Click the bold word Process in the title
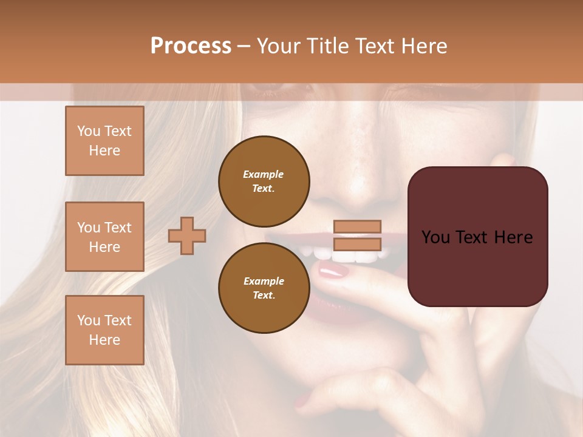click(191, 46)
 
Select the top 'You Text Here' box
click(104, 141)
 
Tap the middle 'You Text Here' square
click(104, 237)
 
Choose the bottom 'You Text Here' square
click(104, 330)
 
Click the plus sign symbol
click(187, 235)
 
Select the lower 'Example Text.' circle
click(264, 288)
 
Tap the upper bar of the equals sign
click(357, 226)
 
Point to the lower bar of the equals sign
click(357, 244)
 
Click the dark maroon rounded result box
click(477, 236)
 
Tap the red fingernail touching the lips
click(333, 271)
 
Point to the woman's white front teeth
click(355, 257)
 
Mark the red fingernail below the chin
click(302, 401)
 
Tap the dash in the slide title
click(244, 46)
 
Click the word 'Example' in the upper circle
click(264, 174)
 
